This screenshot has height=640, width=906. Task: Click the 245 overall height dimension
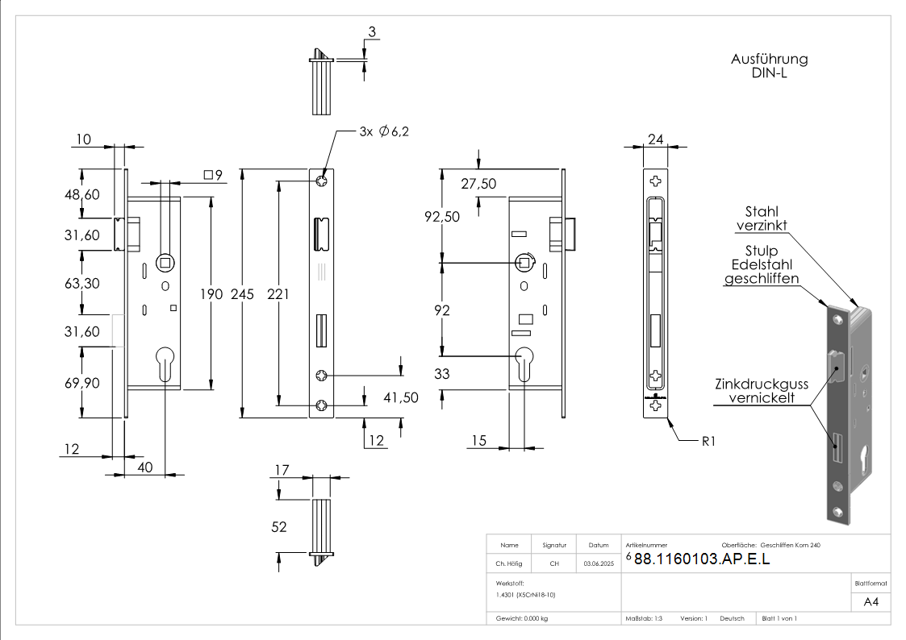(241, 294)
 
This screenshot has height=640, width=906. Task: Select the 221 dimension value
(278, 294)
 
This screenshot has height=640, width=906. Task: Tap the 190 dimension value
(211, 294)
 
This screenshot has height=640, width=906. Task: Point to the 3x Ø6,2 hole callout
(384, 131)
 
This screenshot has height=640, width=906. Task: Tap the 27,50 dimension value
(478, 184)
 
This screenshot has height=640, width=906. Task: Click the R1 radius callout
(707, 441)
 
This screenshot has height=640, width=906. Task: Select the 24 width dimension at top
(655, 139)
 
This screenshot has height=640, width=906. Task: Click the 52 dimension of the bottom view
(279, 527)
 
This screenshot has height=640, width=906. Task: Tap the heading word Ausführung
(769, 59)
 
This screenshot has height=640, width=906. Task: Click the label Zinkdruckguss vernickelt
(762, 392)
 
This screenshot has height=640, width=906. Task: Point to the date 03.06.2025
(599, 564)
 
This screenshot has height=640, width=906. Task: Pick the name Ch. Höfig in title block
(509, 564)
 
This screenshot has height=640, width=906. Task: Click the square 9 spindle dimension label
(213, 175)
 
